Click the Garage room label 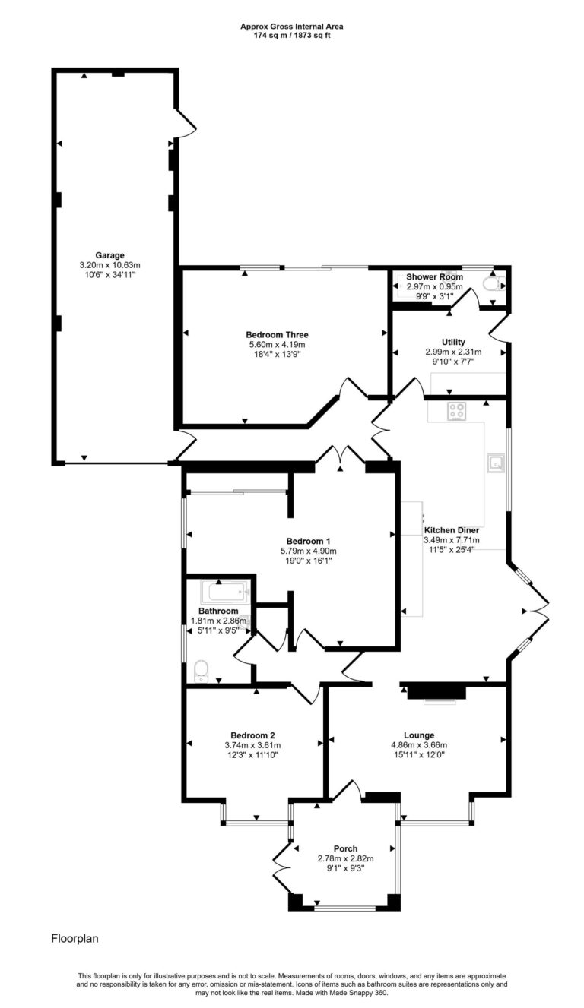109,255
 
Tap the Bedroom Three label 277,334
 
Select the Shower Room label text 434,277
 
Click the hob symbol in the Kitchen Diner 456,411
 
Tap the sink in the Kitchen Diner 495,462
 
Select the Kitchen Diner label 451,530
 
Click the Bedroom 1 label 309,542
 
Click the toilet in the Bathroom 201,669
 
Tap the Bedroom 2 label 252,735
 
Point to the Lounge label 419,735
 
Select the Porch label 345,848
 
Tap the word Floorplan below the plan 75,939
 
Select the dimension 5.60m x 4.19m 277,344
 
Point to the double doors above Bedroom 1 341,455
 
